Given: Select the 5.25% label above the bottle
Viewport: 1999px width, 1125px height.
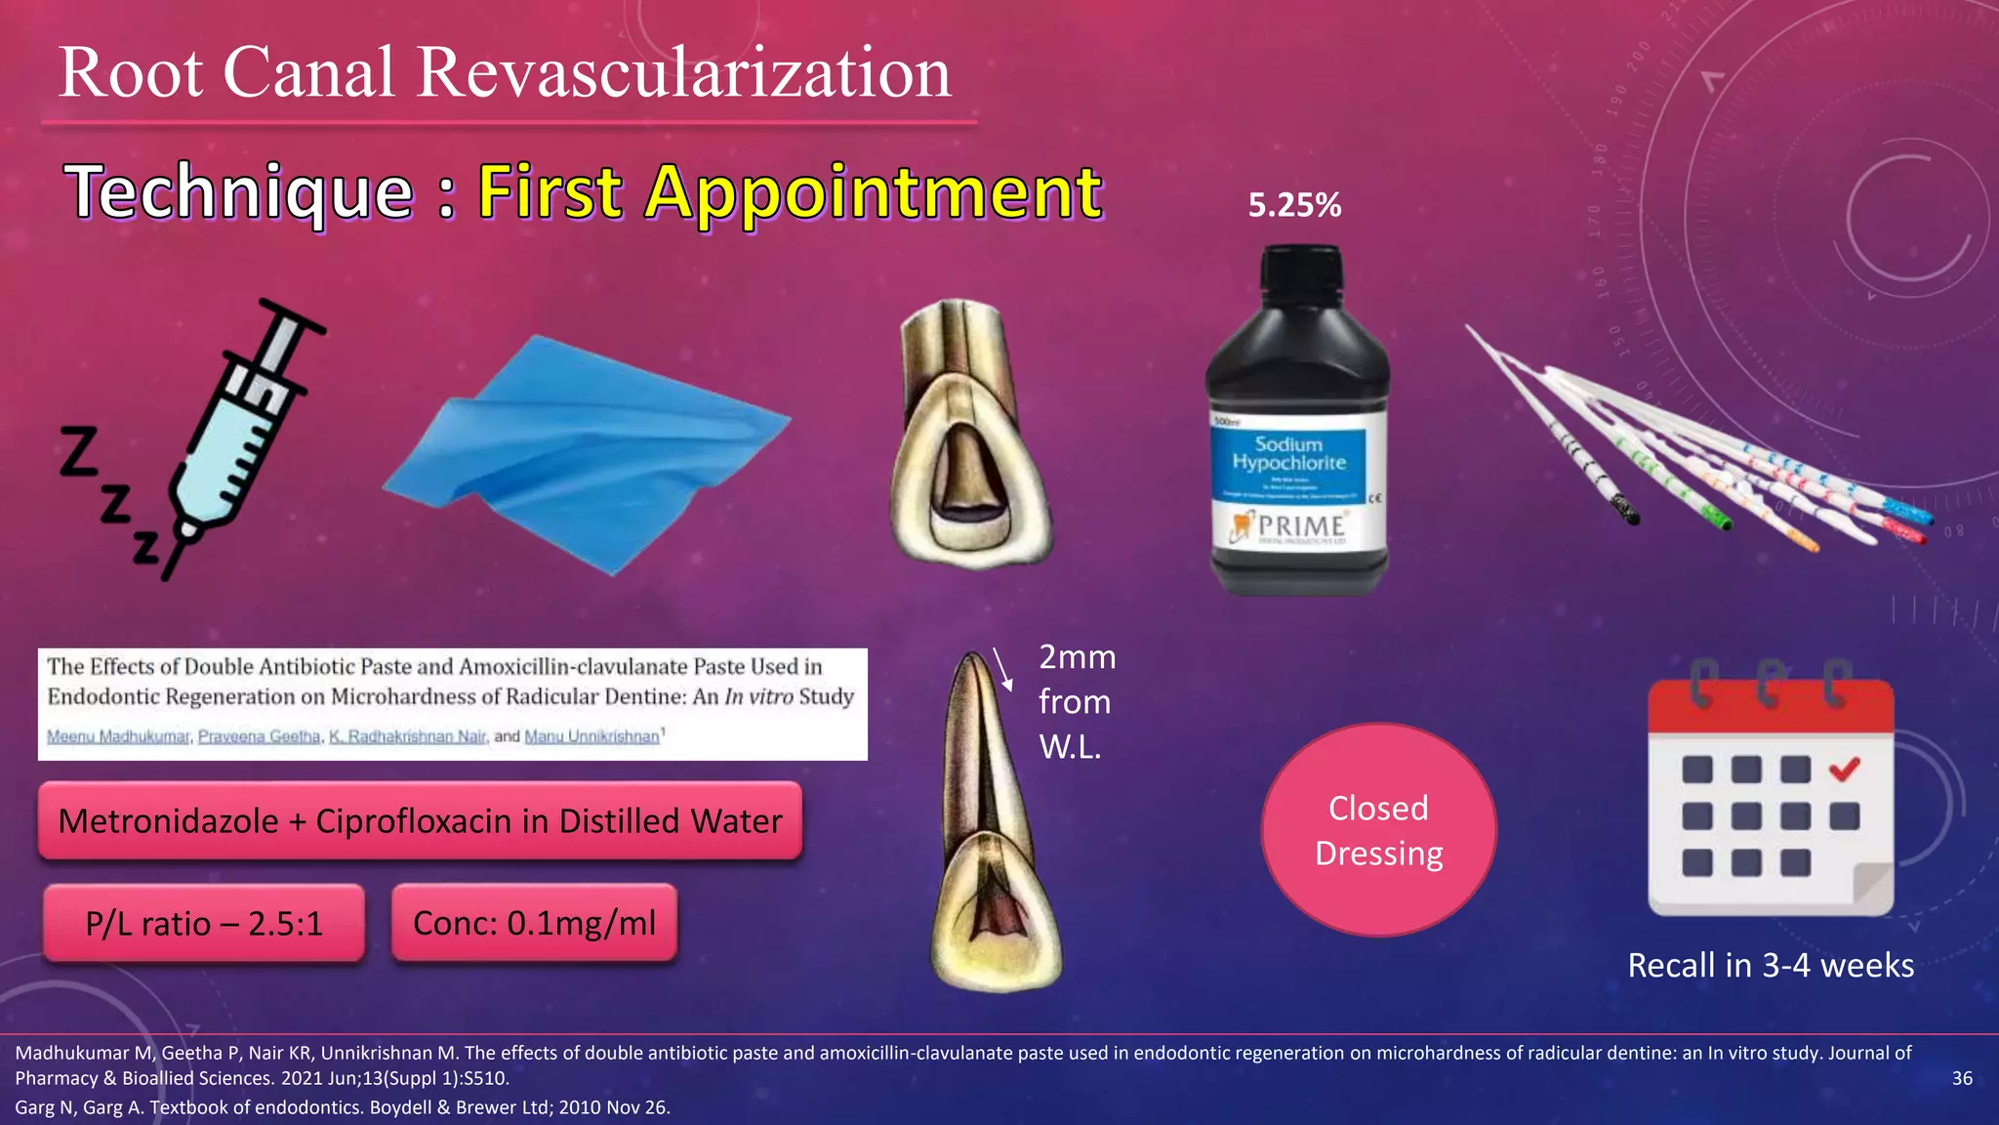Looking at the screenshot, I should click(x=1294, y=205).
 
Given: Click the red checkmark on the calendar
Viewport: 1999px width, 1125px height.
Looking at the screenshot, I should click(x=1844, y=770).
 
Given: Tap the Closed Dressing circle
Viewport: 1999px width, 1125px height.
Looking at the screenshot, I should click(x=1378, y=830).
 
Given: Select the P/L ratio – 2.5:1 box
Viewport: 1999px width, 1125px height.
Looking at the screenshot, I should click(x=204, y=923).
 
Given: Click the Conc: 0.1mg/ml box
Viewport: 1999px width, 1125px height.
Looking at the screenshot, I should click(x=534, y=923).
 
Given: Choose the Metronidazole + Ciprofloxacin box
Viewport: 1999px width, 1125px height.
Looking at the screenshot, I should click(x=420, y=821).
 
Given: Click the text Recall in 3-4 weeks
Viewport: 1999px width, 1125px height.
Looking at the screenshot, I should click(x=1771, y=965).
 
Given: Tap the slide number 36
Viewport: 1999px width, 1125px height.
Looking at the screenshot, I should click(x=1962, y=1078).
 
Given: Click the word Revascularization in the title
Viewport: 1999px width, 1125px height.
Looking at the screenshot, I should click(x=683, y=72).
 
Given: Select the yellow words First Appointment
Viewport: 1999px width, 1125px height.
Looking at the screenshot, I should click(x=789, y=191).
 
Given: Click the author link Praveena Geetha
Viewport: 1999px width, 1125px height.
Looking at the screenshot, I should click(x=259, y=736).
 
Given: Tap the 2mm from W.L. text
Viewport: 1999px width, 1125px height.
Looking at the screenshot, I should click(x=1076, y=701).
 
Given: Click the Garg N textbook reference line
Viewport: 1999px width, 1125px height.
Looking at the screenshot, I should click(x=342, y=1107).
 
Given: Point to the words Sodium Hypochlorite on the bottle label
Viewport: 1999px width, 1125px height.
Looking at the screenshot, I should click(x=1288, y=453).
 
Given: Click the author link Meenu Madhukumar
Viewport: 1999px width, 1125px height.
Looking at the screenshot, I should click(x=118, y=736).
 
